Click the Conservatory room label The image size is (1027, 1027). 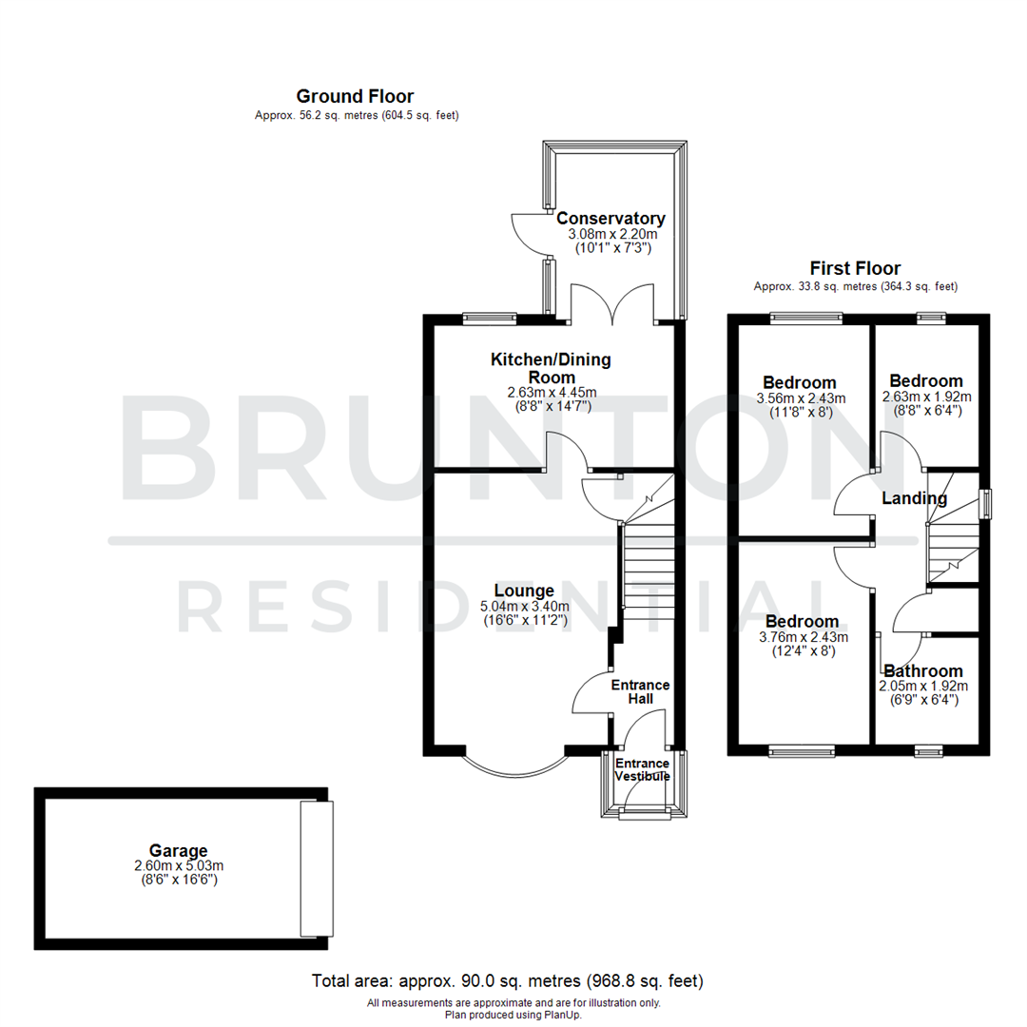610,219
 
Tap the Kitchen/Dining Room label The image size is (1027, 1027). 551,368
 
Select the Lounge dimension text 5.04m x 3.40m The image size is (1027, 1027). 524,607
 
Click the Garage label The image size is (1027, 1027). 178,850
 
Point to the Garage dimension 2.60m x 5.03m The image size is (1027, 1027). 178,865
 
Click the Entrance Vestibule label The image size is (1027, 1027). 642,769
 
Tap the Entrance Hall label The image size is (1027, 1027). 640,691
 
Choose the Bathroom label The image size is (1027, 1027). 922,671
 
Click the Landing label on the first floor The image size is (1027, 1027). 914,498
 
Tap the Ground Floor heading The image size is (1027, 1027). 355,96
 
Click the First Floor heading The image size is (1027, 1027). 855,268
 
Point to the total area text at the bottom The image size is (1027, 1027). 508,980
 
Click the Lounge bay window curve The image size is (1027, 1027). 514,766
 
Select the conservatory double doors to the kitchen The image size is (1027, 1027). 611,305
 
